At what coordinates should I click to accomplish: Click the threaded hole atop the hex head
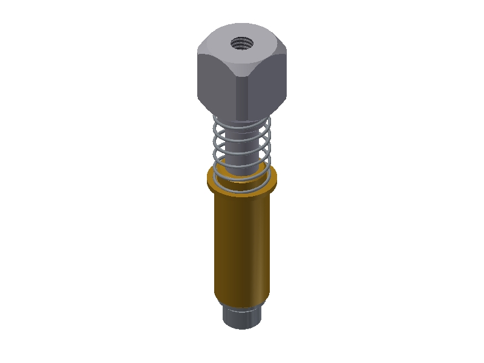coord(241,43)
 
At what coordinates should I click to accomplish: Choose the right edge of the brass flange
coord(275,178)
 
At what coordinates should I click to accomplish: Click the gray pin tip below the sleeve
coord(242,316)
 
